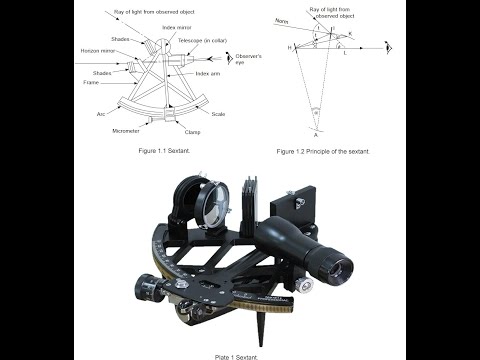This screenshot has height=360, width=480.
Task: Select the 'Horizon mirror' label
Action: tap(98, 50)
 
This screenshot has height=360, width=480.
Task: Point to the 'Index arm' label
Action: tap(208, 74)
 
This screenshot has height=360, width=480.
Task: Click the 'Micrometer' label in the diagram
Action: tap(127, 130)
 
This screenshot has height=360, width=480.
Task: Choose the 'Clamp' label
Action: tap(194, 130)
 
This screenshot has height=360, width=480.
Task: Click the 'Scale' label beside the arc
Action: tap(217, 113)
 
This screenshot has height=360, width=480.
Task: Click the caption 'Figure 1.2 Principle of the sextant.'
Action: tap(326, 151)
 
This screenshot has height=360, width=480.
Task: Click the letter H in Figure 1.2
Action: tap(290, 47)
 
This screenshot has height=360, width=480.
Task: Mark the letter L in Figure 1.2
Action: tap(345, 53)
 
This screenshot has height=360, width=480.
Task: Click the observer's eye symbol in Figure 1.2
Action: tap(389, 47)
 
